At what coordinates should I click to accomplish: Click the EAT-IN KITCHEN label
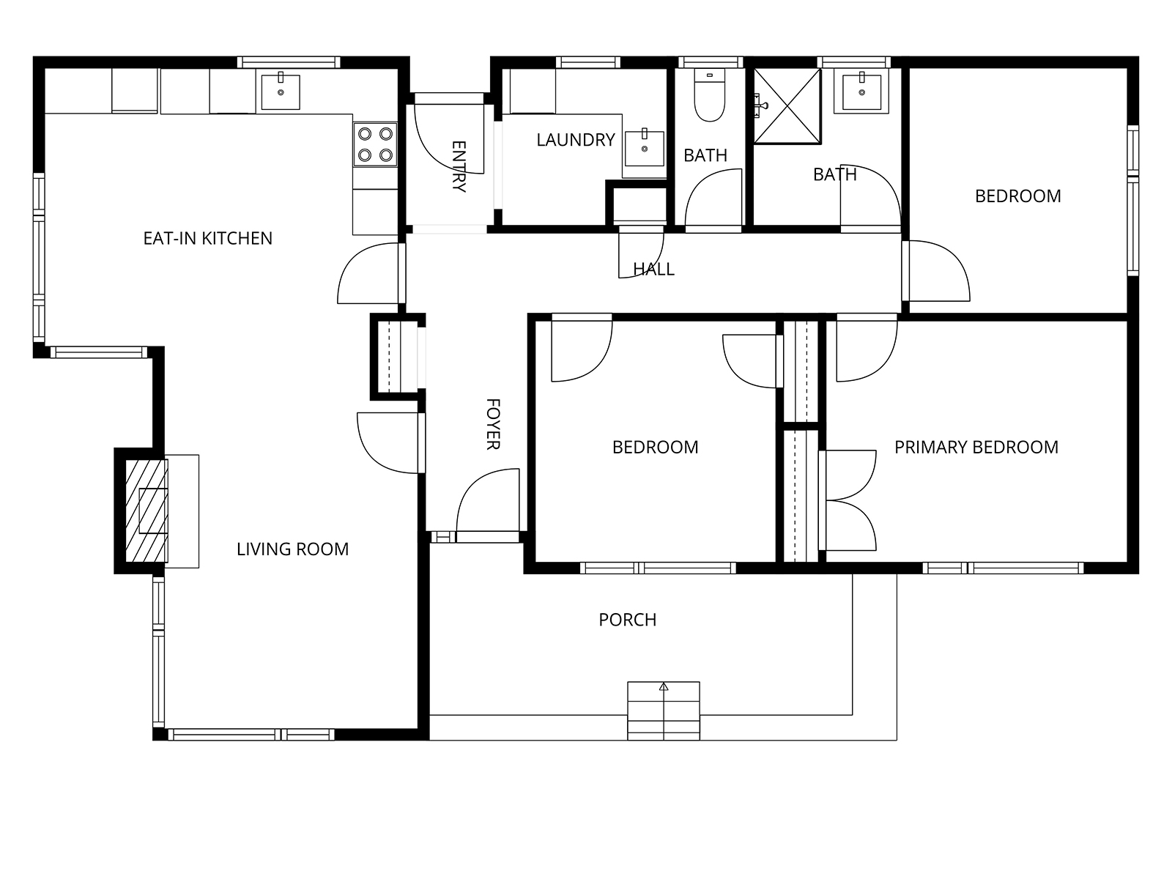click(x=208, y=238)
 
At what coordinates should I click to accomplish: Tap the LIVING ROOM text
click(x=292, y=549)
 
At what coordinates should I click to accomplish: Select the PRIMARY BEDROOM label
click(x=976, y=448)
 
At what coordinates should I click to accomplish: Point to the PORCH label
click(x=627, y=620)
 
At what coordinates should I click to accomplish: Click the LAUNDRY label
click(x=576, y=140)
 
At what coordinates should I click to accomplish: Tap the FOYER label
click(x=493, y=424)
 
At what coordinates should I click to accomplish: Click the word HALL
click(x=653, y=269)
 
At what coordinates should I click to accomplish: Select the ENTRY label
click(x=459, y=166)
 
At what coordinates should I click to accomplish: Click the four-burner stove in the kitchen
click(x=375, y=144)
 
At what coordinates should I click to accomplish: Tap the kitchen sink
click(x=281, y=91)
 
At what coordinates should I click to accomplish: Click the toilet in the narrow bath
click(x=710, y=96)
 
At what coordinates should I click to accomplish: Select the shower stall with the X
click(x=787, y=106)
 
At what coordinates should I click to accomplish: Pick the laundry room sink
click(x=645, y=149)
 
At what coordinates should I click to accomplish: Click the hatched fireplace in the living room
click(x=146, y=511)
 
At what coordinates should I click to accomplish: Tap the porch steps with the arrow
click(x=663, y=711)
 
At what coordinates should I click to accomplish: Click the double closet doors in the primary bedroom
click(x=848, y=500)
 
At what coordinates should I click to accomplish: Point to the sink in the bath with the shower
click(x=861, y=92)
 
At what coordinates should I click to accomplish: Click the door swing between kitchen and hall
click(x=368, y=273)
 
